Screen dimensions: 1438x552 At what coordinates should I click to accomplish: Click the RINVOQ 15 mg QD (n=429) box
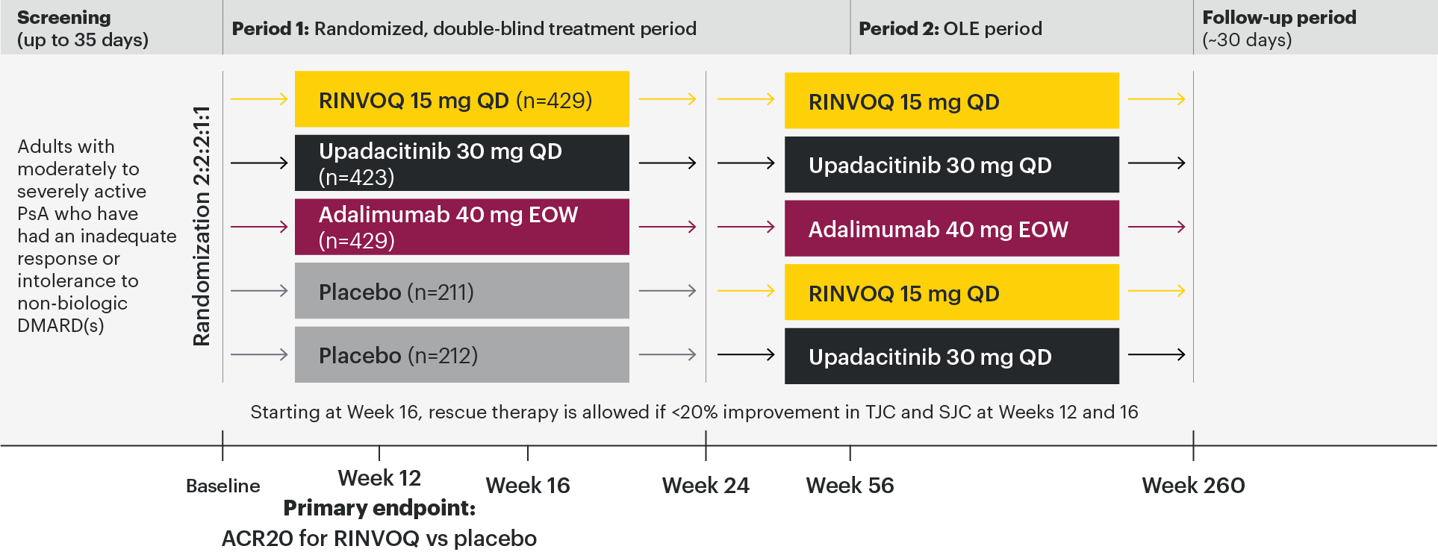click(x=462, y=99)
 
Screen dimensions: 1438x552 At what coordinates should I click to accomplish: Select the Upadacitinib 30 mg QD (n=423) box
click(x=462, y=163)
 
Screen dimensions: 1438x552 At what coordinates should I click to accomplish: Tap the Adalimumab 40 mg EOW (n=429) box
click(x=462, y=227)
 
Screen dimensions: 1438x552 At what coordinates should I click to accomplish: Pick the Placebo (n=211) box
click(x=462, y=291)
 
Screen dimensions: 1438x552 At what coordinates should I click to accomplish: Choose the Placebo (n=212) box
click(x=462, y=354)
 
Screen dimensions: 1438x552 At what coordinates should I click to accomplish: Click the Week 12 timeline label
click(x=379, y=478)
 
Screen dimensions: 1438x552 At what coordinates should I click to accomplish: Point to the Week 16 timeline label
click(x=528, y=486)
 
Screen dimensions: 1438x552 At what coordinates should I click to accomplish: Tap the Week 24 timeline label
click(x=706, y=486)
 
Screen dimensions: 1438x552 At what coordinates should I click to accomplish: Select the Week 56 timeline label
click(x=850, y=486)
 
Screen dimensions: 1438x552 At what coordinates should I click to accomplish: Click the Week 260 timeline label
click(x=1193, y=486)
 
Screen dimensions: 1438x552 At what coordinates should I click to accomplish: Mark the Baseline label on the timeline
click(x=223, y=486)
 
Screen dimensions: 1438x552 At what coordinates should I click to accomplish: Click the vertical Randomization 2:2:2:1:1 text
click(x=202, y=226)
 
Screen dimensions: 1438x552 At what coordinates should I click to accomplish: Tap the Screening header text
click(x=64, y=17)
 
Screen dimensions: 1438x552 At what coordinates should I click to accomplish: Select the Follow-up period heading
click(x=1279, y=17)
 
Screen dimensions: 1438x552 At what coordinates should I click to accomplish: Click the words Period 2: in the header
click(x=899, y=28)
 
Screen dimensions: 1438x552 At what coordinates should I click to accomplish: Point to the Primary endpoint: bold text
click(x=379, y=508)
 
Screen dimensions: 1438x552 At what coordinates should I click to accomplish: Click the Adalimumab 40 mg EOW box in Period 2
click(x=952, y=228)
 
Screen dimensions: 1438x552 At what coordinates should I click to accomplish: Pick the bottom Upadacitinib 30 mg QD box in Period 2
click(x=952, y=356)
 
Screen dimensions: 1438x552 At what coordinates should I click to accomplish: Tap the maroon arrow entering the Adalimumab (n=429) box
click(x=259, y=227)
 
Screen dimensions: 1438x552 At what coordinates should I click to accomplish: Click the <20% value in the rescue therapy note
click(x=694, y=413)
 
